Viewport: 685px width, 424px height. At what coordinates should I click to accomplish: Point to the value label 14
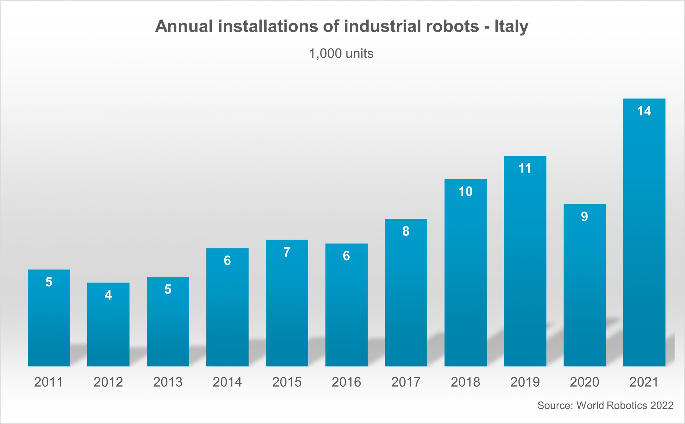644,111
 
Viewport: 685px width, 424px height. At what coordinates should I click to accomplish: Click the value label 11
525,168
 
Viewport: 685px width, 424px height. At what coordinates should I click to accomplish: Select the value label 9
584,216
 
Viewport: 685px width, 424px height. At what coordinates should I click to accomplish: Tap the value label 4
108,295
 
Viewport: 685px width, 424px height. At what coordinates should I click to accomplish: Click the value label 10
466,192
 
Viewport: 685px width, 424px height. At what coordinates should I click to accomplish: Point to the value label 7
287,252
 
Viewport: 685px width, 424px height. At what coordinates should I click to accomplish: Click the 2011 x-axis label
49,382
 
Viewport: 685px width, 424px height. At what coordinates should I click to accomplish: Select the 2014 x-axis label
227,382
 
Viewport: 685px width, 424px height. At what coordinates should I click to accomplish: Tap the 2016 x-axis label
346,382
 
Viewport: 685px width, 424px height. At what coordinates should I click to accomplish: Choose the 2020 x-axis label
585,382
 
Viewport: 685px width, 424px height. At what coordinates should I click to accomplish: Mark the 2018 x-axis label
466,382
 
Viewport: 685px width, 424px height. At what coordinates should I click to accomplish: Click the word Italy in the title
511,27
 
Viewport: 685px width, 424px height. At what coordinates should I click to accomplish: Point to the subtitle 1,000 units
341,54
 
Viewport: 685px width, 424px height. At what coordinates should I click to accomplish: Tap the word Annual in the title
184,27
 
